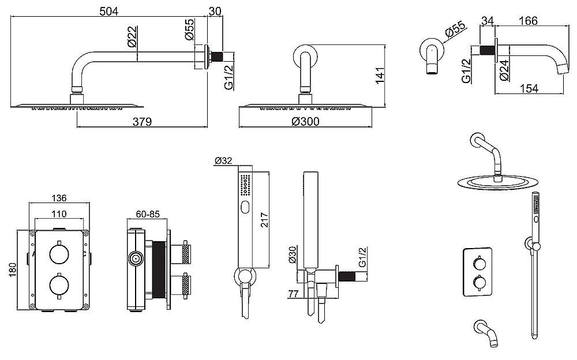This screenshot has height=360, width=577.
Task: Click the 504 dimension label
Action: click(109, 12)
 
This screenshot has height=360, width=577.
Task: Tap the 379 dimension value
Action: click(142, 122)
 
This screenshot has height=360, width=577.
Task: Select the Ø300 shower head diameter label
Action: click(305, 122)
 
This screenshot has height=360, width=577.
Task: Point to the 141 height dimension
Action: click(380, 75)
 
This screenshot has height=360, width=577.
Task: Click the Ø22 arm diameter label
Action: click(132, 37)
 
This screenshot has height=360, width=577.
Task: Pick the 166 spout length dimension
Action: click(528, 21)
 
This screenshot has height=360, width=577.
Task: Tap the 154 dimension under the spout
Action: click(529, 89)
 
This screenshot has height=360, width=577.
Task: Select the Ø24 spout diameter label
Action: click(504, 70)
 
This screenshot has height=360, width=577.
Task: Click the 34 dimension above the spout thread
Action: click(487, 21)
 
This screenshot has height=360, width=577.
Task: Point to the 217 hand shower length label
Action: click(264, 220)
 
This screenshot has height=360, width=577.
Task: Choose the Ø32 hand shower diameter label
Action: click(223, 160)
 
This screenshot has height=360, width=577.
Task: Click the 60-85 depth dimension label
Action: click(148, 214)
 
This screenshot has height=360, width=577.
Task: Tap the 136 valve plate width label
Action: click(59, 198)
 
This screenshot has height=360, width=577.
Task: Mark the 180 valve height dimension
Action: click(13, 270)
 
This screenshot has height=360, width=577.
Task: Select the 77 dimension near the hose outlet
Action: click(293, 294)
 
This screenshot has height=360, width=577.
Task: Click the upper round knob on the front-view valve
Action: click(59, 254)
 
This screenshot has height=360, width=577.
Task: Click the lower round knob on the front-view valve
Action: click(59, 285)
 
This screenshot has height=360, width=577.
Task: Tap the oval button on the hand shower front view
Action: click(245, 208)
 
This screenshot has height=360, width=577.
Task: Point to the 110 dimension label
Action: click(59, 214)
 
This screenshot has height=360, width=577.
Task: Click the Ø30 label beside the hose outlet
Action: click(292, 255)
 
